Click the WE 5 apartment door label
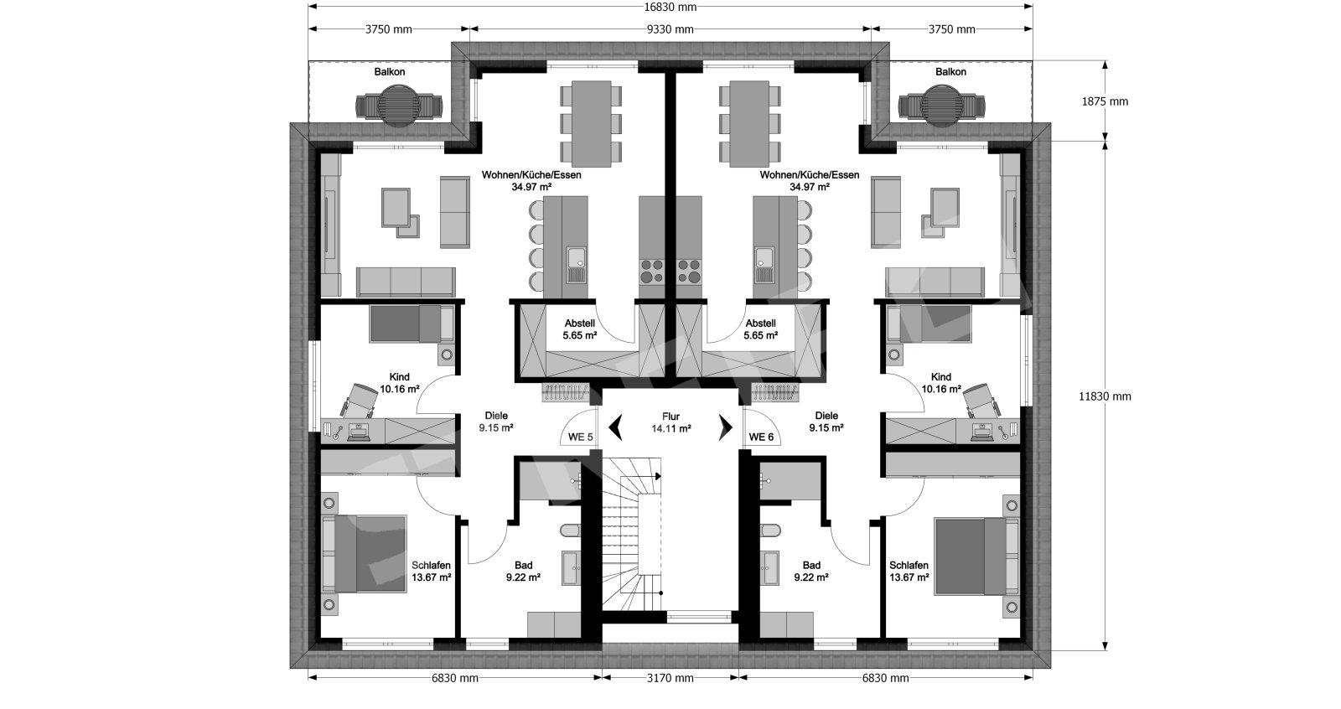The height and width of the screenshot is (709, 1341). (580, 437)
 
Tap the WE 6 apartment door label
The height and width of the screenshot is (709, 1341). (761, 437)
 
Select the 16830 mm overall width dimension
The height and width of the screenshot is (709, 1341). (670, 8)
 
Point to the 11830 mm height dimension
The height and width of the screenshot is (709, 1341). (1105, 396)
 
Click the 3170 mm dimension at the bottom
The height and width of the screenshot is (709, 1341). (670, 678)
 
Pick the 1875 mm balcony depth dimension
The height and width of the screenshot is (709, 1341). (1105, 101)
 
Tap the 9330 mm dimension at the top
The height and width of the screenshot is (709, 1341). (670, 29)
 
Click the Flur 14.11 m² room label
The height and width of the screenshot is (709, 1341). (671, 422)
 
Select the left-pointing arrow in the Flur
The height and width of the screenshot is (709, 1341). (615, 427)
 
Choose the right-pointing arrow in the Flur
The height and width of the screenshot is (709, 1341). (726, 427)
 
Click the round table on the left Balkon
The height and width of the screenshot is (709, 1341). (399, 106)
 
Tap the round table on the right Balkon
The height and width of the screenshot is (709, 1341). (942, 106)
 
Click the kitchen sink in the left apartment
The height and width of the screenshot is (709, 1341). (577, 265)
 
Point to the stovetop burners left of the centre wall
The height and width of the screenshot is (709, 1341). (652, 271)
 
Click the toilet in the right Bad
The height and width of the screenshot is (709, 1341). (771, 530)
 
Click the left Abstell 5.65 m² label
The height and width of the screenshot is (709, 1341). (579, 329)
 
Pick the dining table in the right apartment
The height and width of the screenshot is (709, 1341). (749, 124)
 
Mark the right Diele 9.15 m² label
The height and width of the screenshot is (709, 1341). (826, 422)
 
